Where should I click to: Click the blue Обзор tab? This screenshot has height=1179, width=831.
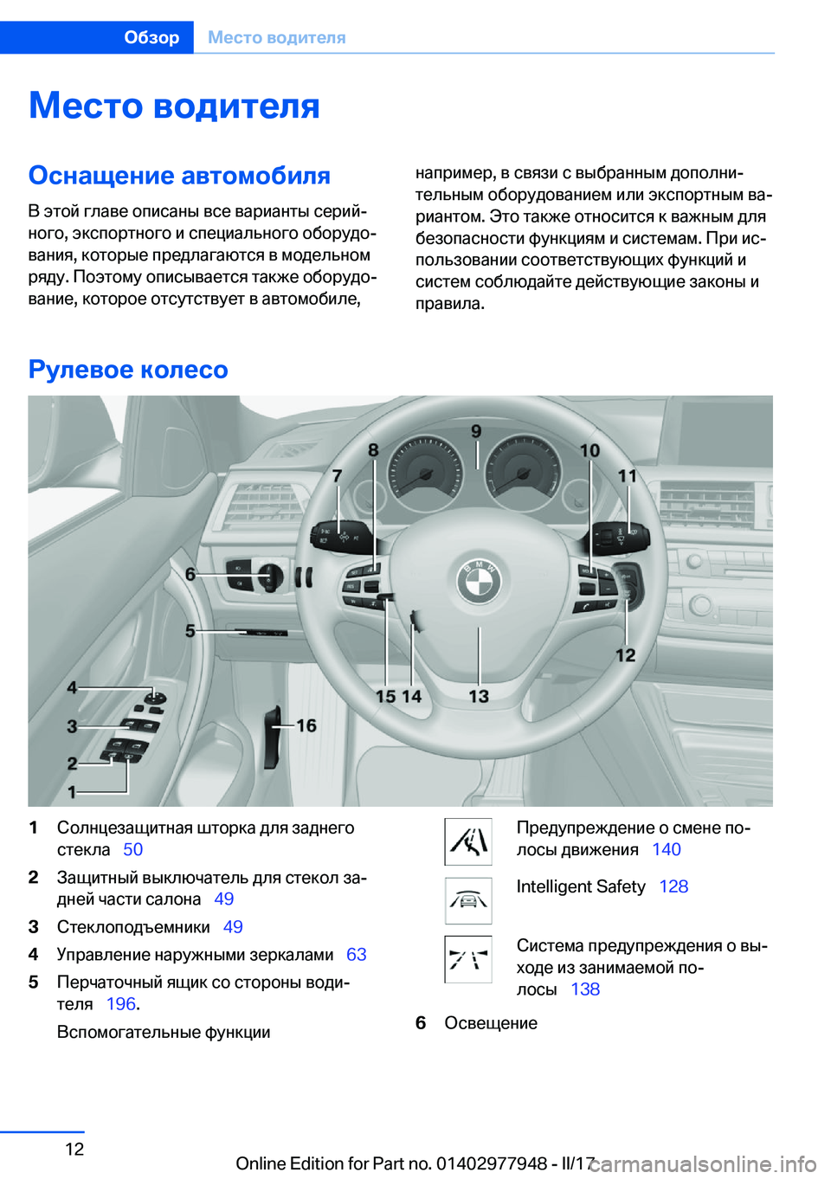click(x=151, y=37)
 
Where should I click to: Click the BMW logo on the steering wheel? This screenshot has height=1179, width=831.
click(x=479, y=581)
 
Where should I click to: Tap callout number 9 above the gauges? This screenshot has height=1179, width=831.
click(x=476, y=431)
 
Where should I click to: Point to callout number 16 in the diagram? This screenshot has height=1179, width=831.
click(x=306, y=725)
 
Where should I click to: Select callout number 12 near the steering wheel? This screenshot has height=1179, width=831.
click(x=625, y=655)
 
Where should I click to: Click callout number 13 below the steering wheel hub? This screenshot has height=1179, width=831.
click(x=479, y=696)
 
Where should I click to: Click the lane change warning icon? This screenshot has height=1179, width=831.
click(x=468, y=841)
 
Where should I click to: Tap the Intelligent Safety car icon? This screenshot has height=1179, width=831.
click(x=468, y=900)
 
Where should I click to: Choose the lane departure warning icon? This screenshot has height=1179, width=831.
click(x=468, y=959)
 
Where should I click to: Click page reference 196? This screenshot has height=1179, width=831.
click(x=120, y=1004)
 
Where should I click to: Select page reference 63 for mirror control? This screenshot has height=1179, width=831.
click(x=356, y=954)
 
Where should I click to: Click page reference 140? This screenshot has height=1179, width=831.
click(x=666, y=849)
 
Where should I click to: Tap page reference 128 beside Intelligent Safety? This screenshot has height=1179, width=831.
click(x=673, y=886)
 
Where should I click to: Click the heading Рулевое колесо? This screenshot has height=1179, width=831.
click(x=128, y=370)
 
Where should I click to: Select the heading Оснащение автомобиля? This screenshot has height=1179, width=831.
click(x=179, y=175)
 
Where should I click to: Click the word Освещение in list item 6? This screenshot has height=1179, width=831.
click(x=490, y=1023)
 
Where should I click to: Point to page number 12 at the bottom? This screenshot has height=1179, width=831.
click(x=74, y=1149)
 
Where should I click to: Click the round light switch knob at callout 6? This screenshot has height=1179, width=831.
click(x=270, y=576)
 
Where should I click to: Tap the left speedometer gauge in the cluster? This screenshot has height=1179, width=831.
click(x=425, y=471)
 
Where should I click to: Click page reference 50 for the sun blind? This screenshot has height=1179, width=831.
click(x=132, y=849)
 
